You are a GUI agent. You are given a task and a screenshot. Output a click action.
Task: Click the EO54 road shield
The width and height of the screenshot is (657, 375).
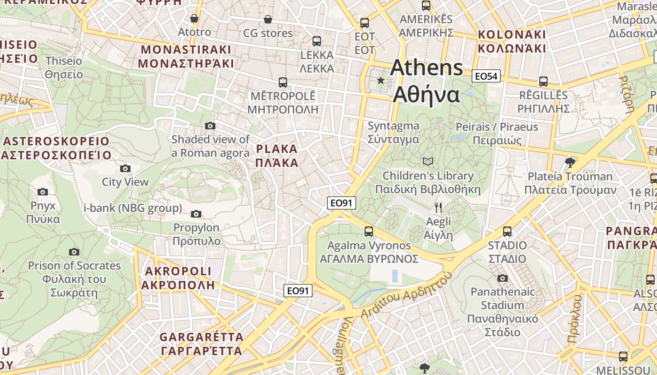point(486,76)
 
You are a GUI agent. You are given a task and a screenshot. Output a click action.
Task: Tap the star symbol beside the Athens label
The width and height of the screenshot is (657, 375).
point(381,81)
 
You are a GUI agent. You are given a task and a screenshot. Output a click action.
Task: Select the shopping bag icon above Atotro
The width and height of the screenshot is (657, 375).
point(194,18)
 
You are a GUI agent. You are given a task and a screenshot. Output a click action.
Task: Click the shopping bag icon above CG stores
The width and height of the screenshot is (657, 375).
point(267,19)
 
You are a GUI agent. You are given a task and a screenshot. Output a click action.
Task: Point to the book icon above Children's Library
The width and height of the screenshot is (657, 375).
point(428,161)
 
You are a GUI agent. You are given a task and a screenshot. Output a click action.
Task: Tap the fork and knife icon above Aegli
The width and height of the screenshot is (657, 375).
point(438,207)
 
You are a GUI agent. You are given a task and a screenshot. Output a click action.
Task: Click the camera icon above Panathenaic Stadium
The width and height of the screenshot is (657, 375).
point(503,278)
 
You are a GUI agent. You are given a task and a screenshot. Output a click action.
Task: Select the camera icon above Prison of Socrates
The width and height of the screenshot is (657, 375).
point(74,252)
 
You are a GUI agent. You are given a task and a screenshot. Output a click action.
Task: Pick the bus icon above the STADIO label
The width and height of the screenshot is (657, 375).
point(507,231)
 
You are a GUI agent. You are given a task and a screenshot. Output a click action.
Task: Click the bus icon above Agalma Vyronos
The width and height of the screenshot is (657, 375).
point(369,231)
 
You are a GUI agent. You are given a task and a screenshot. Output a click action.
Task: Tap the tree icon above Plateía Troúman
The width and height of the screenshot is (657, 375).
point(570,163)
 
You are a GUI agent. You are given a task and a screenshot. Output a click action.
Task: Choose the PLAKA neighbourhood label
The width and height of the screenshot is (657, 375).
point(277,156)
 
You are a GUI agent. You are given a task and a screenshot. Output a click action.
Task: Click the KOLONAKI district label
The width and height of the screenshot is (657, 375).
point(512,41)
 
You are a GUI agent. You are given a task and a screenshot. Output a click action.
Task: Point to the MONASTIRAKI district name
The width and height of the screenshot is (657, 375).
point(186,56)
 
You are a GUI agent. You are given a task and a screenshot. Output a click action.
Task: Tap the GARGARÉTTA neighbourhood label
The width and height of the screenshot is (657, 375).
point(202,344)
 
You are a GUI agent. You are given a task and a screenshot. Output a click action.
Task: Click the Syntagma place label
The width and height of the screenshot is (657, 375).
point(393,132)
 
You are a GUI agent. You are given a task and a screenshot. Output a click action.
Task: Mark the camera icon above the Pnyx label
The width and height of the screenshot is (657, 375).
point(43,192)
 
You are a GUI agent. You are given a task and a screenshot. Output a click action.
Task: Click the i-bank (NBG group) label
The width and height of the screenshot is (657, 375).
point(133,208)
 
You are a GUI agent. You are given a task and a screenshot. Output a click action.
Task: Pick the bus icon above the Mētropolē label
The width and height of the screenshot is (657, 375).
point(283,82)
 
